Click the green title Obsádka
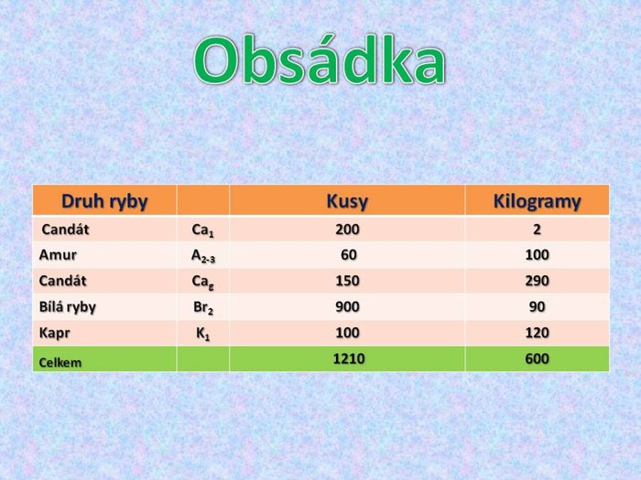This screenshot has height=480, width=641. pos(320,60)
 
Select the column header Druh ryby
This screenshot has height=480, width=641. pos(104,201)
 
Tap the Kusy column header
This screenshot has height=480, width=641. pos(347,201)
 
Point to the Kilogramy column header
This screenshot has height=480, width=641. pos(537,201)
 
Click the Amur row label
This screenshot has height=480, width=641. pos(58,255)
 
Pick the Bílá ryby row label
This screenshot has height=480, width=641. pos(68,307)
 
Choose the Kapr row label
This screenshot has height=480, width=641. pos(54,333)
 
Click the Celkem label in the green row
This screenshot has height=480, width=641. pos(60,362)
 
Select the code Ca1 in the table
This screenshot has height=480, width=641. pos(202,230)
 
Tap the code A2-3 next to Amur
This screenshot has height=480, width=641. pos(203,256)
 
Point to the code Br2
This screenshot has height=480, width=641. pos(203,307)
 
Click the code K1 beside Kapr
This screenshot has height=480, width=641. pos(203,334)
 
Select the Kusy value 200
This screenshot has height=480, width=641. pos(347,229)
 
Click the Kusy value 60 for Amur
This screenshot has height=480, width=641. pos(349,255)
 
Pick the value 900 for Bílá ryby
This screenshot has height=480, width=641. pos(347,307)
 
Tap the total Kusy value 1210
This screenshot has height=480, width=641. pos(349,358)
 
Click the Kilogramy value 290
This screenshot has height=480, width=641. pos(538,281)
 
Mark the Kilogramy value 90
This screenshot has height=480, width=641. pos(538,307)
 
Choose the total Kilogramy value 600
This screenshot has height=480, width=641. pos(538,358)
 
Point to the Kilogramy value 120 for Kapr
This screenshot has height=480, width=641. pos(538,333)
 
